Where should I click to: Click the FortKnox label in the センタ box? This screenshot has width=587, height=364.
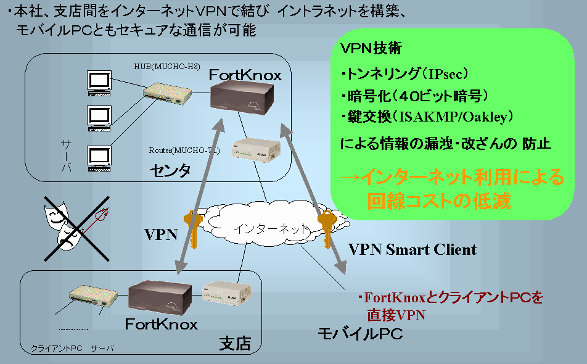click(x=245, y=75)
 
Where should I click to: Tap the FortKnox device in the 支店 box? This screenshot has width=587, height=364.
click(x=162, y=297)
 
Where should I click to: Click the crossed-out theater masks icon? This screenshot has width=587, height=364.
click(x=77, y=227)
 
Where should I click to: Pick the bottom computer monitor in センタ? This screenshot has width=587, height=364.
click(x=99, y=158)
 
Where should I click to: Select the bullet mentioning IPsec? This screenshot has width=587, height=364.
click(x=405, y=75)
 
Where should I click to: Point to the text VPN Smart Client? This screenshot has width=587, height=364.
click(x=412, y=249)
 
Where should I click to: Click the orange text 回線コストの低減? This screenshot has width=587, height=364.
click(x=439, y=201)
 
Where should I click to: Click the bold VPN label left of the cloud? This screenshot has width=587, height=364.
click(x=161, y=234)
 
